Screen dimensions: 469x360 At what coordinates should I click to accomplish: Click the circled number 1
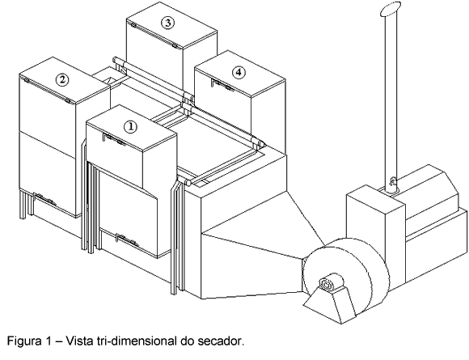(131, 127)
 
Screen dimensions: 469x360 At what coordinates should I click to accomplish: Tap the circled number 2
(62, 79)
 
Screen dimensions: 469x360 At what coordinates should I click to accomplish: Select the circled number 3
(167, 23)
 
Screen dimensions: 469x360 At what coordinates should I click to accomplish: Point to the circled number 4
(239, 73)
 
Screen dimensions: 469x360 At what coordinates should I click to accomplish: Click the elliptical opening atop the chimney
(391, 8)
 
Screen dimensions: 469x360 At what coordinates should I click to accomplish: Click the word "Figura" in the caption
(24, 341)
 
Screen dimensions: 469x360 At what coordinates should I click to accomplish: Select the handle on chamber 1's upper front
(114, 139)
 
